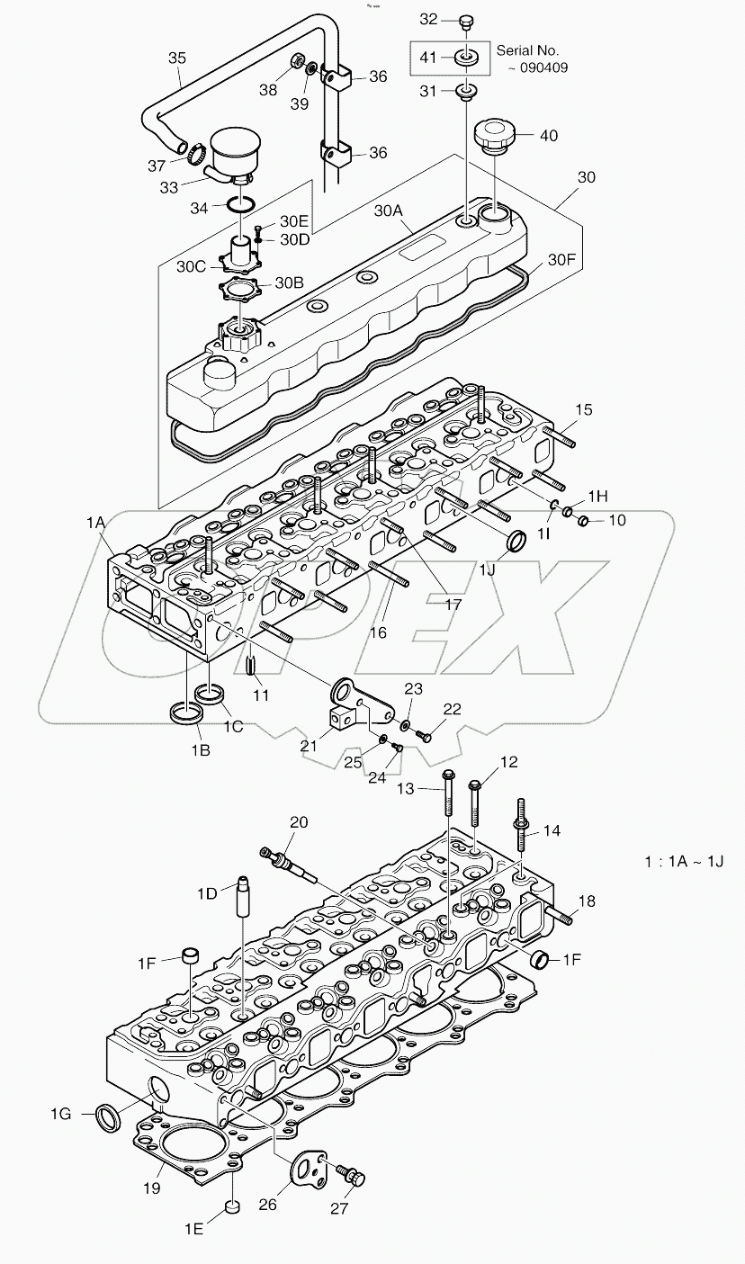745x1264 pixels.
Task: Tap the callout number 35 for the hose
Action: point(178,58)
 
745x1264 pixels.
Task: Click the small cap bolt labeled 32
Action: point(466,21)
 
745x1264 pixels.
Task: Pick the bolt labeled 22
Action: point(426,736)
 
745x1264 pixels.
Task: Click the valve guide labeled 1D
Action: point(242,894)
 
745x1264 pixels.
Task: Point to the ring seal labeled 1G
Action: point(108,1117)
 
